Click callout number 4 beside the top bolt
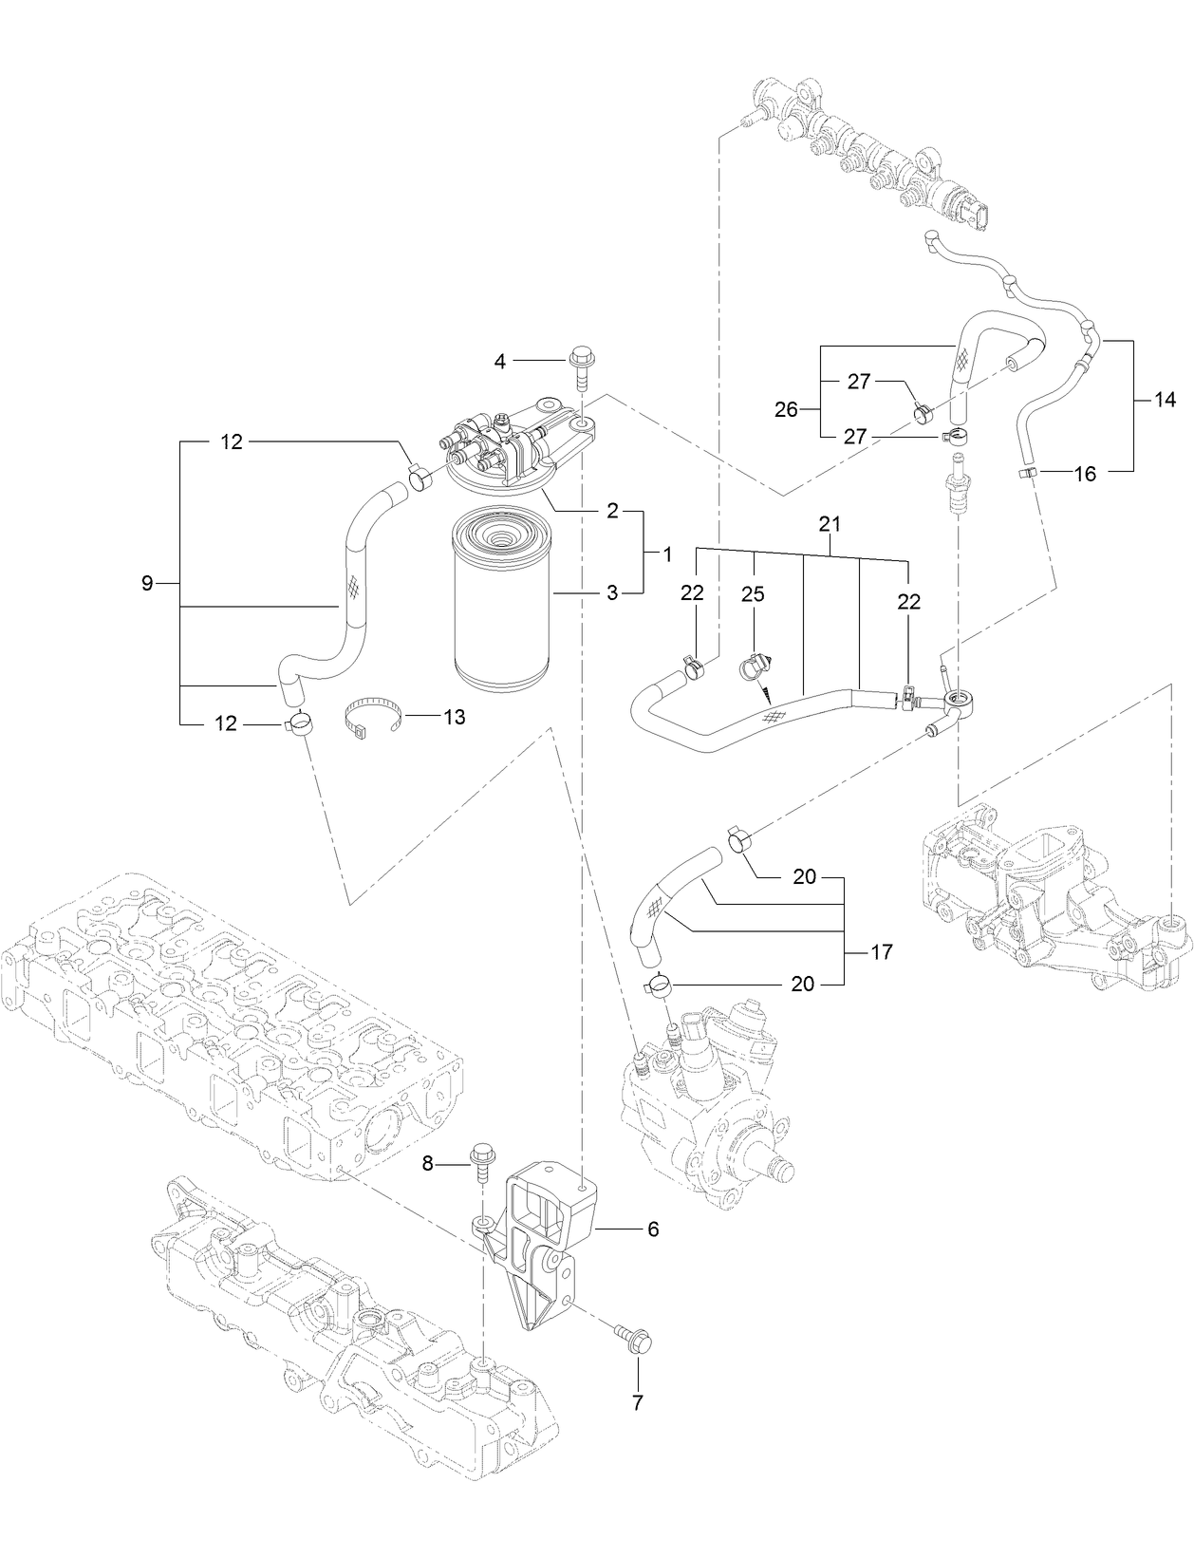[500, 360]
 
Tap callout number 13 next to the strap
[455, 717]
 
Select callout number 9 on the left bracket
[147, 583]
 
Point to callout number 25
[753, 593]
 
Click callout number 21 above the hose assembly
[830, 524]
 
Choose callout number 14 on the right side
[1166, 400]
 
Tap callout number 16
[1085, 473]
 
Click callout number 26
[787, 410]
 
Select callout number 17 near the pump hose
[882, 950]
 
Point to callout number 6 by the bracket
[652, 1229]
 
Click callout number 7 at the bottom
[638, 1400]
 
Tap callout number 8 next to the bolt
[427, 1163]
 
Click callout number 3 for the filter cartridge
[612, 593]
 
